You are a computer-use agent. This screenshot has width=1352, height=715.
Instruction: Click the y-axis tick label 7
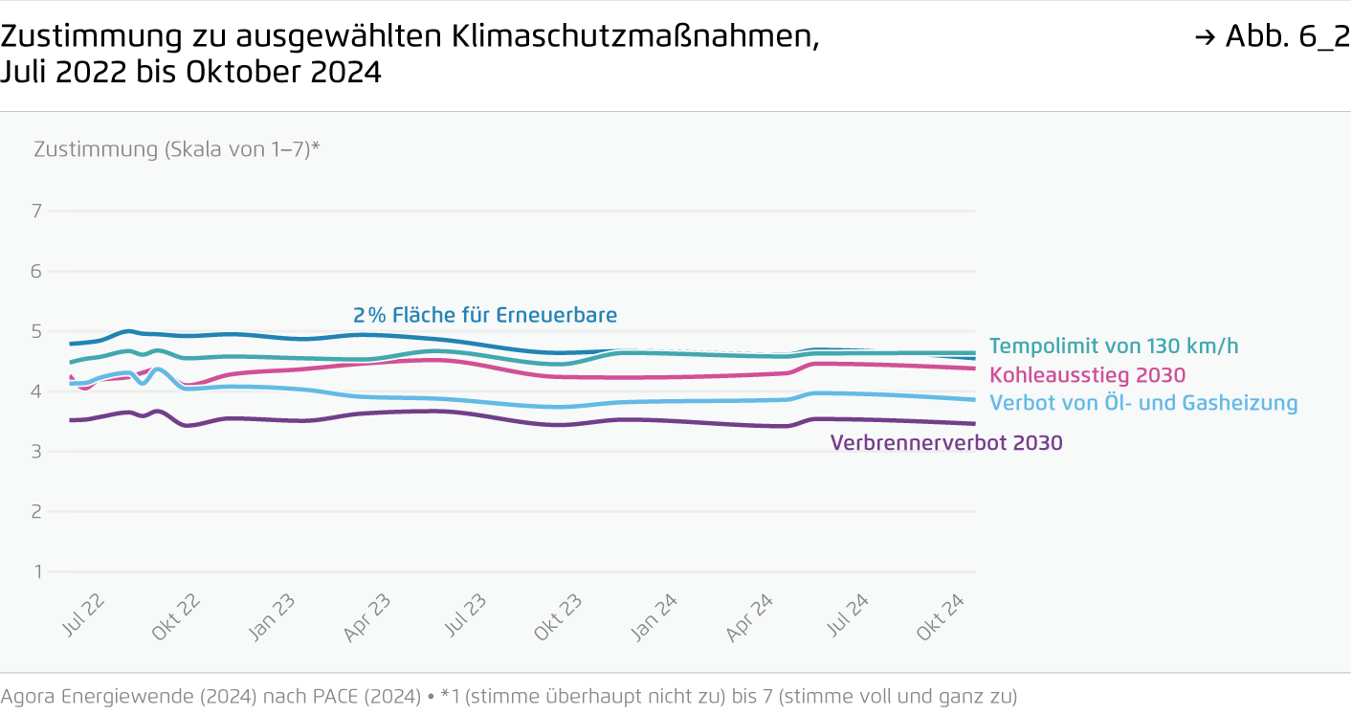pyautogui.click(x=37, y=211)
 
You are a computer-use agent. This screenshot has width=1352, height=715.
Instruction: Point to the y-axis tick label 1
pyautogui.click(x=37, y=572)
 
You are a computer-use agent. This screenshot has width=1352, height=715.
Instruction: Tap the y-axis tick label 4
pyautogui.click(x=37, y=391)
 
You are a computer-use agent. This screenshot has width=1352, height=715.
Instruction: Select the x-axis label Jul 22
pyautogui.click(x=83, y=615)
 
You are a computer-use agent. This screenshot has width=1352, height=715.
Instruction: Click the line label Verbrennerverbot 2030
pyautogui.click(x=946, y=443)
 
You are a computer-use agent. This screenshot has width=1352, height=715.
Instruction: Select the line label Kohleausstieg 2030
pyautogui.click(x=1087, y=375)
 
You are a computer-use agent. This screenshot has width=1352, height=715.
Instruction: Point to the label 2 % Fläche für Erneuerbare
pyautogui.click(x=485, y=315)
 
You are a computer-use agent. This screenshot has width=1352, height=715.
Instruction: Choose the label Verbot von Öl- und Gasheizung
pyautogui.click(x=1143, y=403)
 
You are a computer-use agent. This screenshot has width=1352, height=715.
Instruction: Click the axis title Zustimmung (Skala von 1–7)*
pyautogui.click(x=176, y=149)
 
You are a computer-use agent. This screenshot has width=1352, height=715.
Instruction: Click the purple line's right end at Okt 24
pyautogui.click(x=974, y=423)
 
